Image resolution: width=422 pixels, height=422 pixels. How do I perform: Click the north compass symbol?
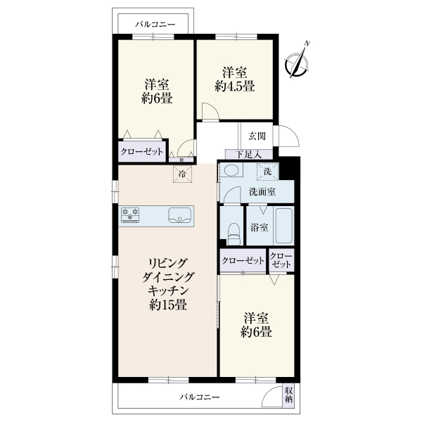tap(297, 63)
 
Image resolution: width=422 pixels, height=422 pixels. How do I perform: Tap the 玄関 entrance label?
tap(257, 136)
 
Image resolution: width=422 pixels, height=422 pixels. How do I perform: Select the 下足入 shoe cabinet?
tap(249, 155)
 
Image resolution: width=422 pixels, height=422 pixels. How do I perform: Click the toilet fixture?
tap(234, 234)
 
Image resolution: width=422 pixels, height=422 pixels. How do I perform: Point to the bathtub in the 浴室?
tap(284, 226)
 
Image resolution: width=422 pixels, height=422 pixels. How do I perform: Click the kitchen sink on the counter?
tap(180, 216)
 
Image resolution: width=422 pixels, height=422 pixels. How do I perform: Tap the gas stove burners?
tap(130, 215)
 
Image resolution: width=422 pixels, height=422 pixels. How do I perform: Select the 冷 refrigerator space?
tap(182, 174)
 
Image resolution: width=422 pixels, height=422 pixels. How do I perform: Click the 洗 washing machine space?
tap(267, 171)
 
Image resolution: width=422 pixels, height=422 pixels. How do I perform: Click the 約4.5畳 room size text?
tap(235, 87)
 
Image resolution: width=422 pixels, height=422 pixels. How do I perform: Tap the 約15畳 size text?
tap(168, 305)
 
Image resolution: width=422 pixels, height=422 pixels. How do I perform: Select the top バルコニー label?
tap(155, 25)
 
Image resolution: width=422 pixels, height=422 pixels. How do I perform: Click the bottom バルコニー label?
tap(200, 397)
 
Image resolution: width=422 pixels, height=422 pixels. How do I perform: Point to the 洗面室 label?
tap(262, 192)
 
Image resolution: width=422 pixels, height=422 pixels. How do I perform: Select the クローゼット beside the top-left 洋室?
tap(142, 151)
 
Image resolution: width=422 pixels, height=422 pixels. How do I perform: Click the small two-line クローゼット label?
tap(281, 260)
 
